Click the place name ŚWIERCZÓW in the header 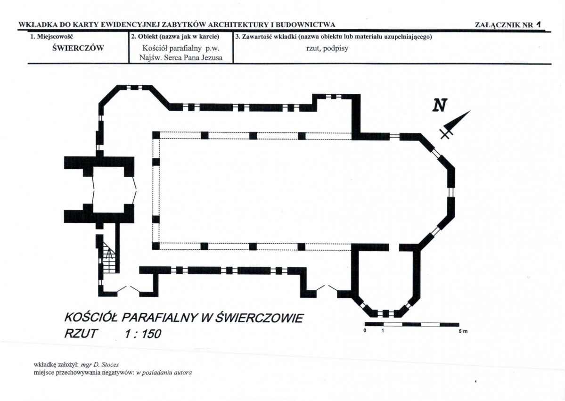[78, 48]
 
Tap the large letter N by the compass [440, 105]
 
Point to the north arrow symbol [455, 124]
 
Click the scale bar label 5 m [463, 331]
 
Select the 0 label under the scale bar [365, 331]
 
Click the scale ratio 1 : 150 [143, 334]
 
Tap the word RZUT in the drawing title [81, 334]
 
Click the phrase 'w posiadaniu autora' [164, 373]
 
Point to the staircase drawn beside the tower [108, 257]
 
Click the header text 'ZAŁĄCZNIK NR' [504, 25]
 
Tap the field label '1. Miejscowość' [51, 37]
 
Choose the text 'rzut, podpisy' [327, 48]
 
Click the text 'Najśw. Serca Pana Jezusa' [181, 57]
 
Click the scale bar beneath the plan [412, 324]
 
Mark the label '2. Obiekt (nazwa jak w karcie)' [175, 37]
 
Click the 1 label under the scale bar [383, 331]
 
